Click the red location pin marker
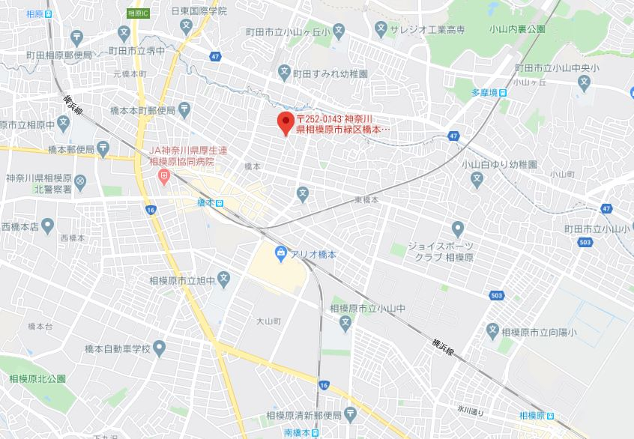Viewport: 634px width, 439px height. point(285,122)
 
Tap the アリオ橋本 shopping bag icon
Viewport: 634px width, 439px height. point(280,255)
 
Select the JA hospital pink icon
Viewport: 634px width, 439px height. point(164,177)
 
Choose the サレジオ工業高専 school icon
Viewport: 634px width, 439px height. point(381,29)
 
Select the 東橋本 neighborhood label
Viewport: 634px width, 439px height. point(366,200)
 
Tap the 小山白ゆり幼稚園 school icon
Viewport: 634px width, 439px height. point(476,179)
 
